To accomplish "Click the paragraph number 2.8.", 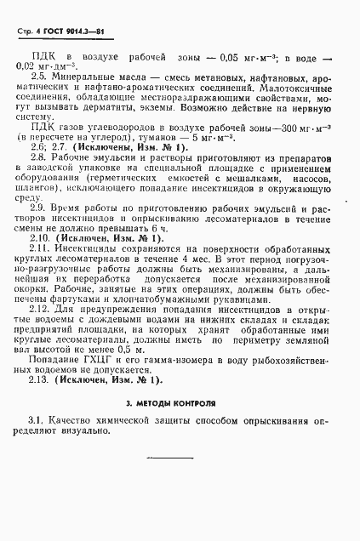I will [39, 157].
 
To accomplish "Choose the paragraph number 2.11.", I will [41, 252].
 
